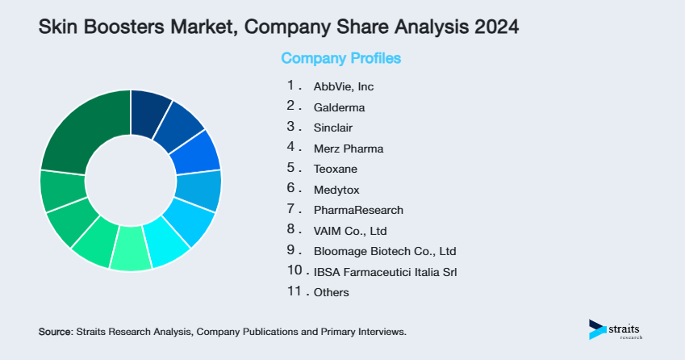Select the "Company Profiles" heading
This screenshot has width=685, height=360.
coord(340,59)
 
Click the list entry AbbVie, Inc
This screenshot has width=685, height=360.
coord(344,86)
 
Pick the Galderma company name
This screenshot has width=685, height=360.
coord(339,107)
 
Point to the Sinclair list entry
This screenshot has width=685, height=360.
coord(333,128)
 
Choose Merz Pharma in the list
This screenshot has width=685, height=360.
coord(349,149)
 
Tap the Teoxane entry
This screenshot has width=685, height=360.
coord(335,170)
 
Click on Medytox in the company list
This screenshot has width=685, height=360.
coord(336,190)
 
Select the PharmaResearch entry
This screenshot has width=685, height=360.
coord(358,210)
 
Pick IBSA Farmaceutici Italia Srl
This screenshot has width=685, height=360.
coord(386,272)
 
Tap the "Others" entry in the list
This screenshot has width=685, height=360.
coord(332,293)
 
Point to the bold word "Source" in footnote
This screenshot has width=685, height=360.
coord(55,332)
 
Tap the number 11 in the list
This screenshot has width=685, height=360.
coord(294,292)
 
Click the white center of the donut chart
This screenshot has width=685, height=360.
coord(131,180)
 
